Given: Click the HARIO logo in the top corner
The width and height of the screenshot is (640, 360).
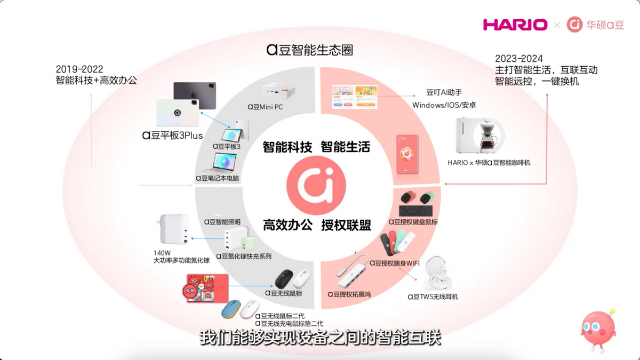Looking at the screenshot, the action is tap(515, 25).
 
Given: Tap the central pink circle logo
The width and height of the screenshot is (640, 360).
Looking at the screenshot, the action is tap(316, 186).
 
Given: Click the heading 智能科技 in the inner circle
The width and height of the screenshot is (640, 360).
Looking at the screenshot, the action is tap(287, 147).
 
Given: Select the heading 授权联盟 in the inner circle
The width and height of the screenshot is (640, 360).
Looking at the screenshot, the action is tap(346, 225).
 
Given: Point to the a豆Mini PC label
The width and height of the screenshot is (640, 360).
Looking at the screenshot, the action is tap(265, 107).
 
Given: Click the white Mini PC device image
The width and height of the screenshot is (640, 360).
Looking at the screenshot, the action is tap(278, 91).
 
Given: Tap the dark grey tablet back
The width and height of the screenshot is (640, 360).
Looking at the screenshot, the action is tap(195, 95).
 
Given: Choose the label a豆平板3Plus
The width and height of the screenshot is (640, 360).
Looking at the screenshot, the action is tap(173, 135).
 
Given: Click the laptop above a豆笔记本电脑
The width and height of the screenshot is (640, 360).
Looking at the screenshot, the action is tap(223, 163).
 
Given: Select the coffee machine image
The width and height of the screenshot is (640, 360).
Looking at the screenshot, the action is tap(480, 136).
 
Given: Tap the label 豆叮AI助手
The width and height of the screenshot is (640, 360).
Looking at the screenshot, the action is tap(444, 92).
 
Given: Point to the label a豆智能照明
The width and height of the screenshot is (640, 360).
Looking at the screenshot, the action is tap(222, 222).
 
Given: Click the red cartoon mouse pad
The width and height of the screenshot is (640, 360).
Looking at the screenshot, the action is tap(206, 289).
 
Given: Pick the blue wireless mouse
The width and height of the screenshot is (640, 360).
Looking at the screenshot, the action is tap(231, 309).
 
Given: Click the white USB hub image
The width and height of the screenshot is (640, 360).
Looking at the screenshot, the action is tap(354, 271).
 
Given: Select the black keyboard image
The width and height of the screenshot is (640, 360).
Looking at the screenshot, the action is tap(415, 211).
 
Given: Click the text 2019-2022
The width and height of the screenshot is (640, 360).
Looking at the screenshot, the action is tap(79, 69).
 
